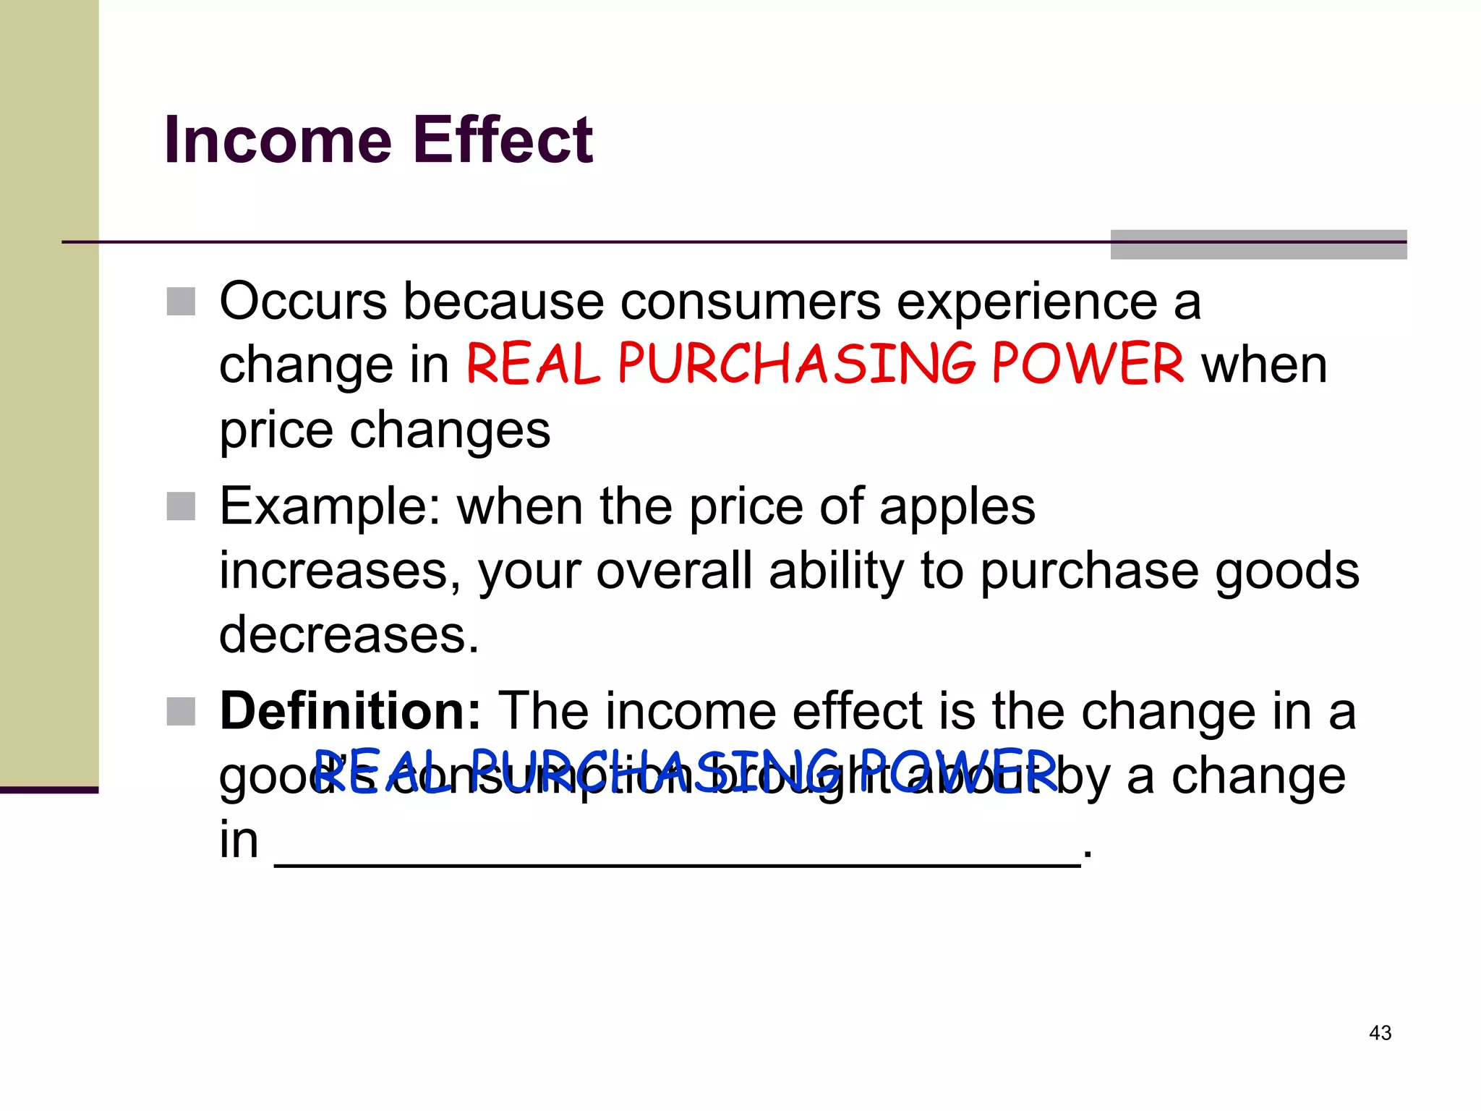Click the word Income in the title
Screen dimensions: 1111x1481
[x=278, y=140]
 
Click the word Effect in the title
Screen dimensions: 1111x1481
[x=503, y=140]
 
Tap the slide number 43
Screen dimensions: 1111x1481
[x=1380, y=1033]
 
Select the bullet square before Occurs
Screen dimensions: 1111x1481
[x=181, y=302]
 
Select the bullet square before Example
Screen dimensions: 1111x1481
[x=181, y=506]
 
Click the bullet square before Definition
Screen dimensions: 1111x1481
[x=181, y=712]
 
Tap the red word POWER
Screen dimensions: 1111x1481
[x=1087, y=364]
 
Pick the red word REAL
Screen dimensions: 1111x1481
[x=533, y=364]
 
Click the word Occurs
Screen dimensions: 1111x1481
[x=303, y=302]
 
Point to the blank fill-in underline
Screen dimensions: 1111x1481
[x=677, y=862]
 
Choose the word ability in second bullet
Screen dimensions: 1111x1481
[x=837, y=571]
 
